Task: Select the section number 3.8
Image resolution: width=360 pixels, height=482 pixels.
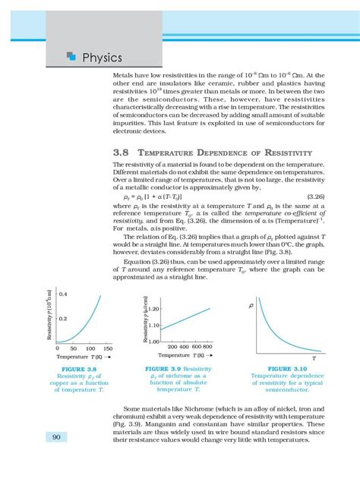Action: [x=122, y=152]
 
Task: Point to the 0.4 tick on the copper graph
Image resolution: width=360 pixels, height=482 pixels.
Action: [x=64, y=293]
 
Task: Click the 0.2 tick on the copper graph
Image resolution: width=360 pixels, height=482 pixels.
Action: [x=64, y=320]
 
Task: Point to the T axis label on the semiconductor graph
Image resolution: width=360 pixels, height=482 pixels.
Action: [x=314, y=357]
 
